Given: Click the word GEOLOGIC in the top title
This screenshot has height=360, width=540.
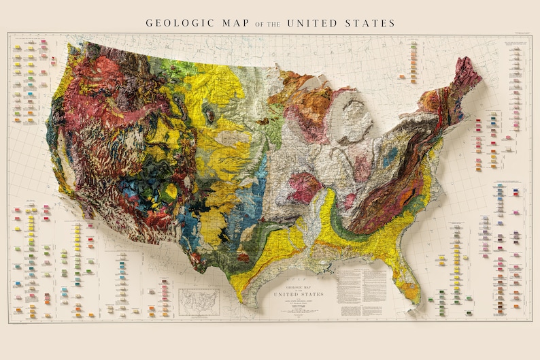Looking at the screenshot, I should pyautogui.click(x=178, y=23).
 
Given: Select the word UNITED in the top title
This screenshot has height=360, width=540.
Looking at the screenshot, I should pyautogui.click(x=312, y=23).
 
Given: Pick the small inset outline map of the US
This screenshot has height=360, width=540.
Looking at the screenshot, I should pyautogui.click(x=199, y=300).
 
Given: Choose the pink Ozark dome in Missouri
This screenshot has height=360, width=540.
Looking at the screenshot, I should pyautogui.click(x=305, y=186).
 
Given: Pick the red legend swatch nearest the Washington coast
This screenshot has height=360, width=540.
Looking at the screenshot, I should pyautogui.click(x=44, y=43).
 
